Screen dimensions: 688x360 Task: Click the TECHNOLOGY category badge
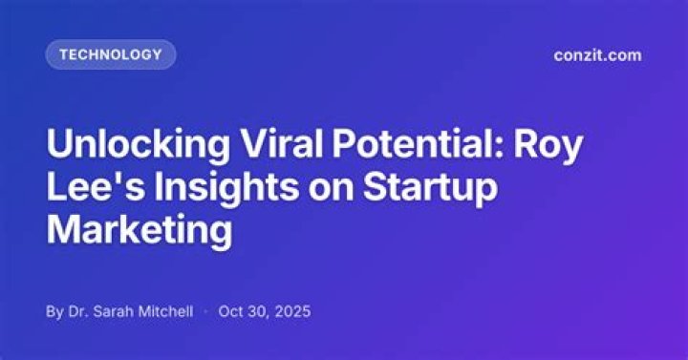(111, 54)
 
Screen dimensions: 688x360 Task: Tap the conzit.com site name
(597, 55)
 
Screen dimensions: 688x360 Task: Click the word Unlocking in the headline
(138, 145)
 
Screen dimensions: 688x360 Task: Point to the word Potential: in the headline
(418, 143)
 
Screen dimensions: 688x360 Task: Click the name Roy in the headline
(548, 145)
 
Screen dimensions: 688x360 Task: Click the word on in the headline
(331, 191)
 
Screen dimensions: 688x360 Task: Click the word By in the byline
(54, 312)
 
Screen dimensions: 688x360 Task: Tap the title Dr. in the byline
(77, 311)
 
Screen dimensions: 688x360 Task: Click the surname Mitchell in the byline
(166, 311)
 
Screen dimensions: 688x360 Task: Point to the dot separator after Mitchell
(205, 311)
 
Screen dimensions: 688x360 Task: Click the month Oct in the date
(230, 311)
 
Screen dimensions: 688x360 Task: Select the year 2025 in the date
(292, 311)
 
